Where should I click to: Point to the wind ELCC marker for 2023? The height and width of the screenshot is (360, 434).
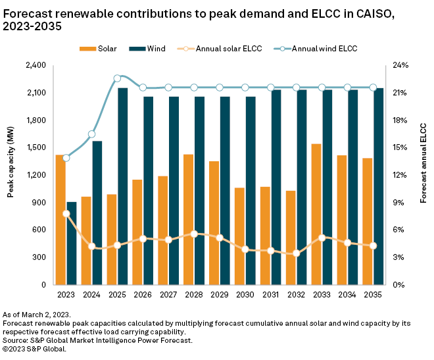(x=66, y=158)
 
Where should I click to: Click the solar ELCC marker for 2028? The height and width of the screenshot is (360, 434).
(x=194, y=234)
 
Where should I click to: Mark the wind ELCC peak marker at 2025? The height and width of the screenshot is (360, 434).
(x=117, y=78)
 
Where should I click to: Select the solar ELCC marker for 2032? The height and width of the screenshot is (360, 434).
(x=296, y=253)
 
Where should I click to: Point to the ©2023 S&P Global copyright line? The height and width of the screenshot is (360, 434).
(x=34, y=349)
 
